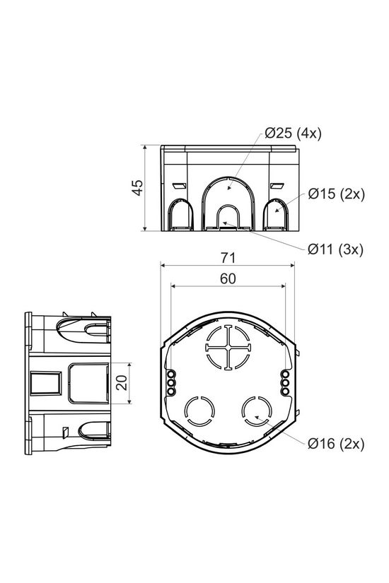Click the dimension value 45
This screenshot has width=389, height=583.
pyautogui.click(x=138, y=187)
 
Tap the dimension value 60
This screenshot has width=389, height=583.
pyautogui.click(x=227, y=278)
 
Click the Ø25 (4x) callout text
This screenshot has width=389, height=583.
pyautogui.click(x=293, y=134)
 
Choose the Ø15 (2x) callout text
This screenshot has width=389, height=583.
pyautogui.click(x=336, y=194)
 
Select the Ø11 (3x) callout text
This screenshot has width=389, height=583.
pyautogui.click(x=335, y=249)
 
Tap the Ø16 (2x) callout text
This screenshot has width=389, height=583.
pyautogui.click(x=335, y=443)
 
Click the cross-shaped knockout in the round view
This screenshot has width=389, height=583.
pyautogui.click(x=228, y=347)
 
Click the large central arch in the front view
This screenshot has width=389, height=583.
pyautogui.click(x=227, y=198)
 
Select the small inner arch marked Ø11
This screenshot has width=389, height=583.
pyautogui.click(x=227, y=217)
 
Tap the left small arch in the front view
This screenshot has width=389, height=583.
pyautogui.click(x=180, y=215)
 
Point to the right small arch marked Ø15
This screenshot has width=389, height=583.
pyautogui.click(x=274, y=215)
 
